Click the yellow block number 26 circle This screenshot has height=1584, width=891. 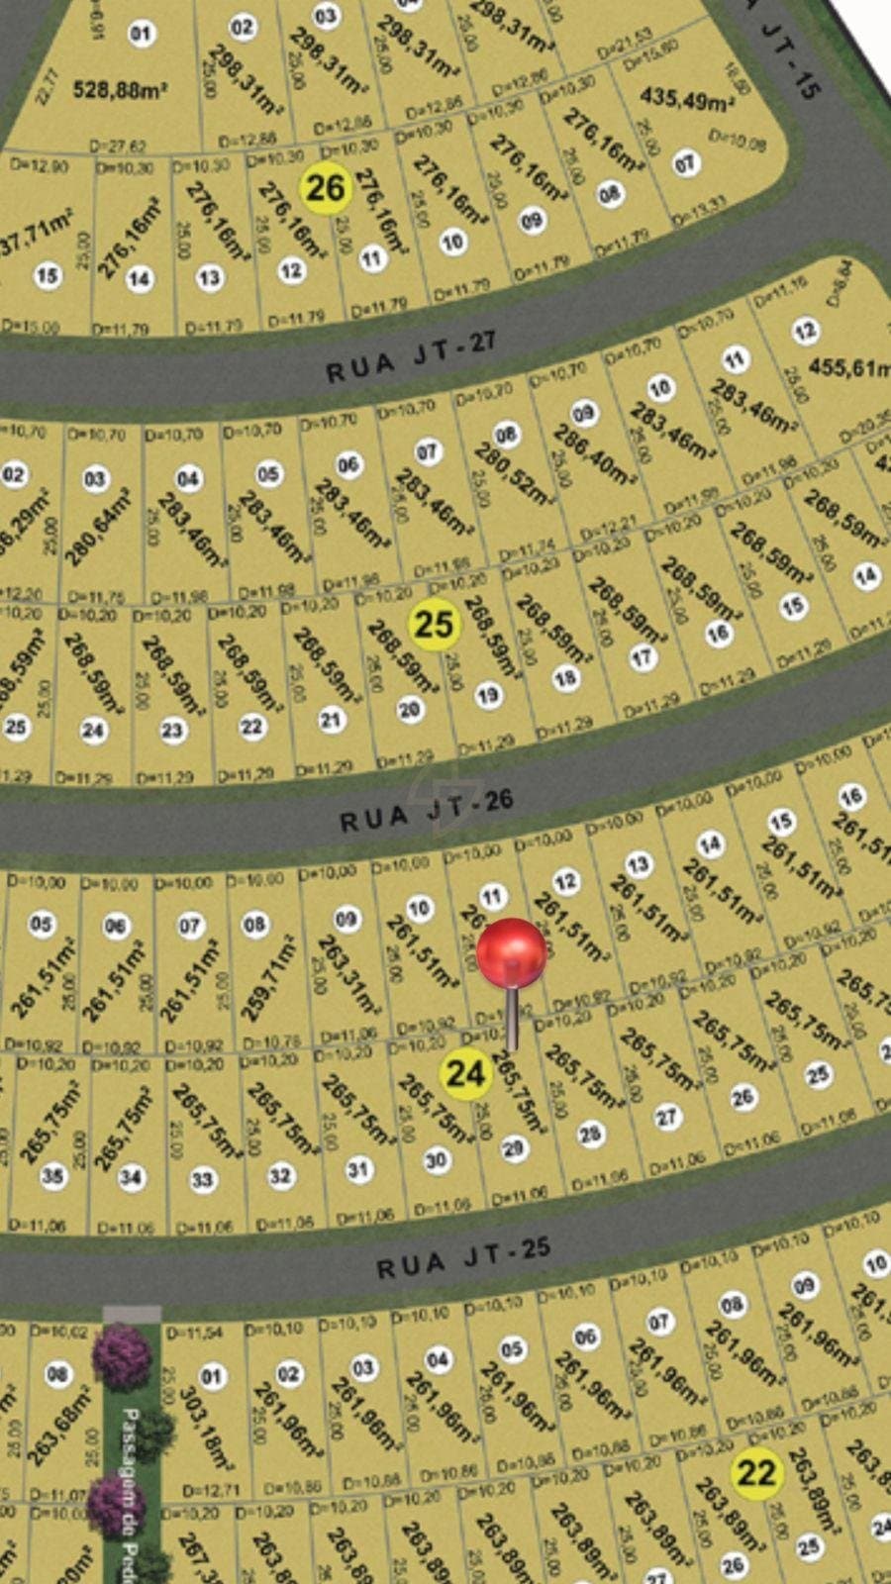(326, 186)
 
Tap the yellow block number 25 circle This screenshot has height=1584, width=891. (434, 624)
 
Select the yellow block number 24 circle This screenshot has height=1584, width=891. (465, 1073)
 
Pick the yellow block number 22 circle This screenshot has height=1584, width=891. (756, 1472)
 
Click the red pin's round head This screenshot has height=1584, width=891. (512, 953)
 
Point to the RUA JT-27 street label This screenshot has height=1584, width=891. (410, 358)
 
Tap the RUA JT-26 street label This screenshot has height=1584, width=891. (427, 811)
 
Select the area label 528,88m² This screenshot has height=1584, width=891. (120, 90)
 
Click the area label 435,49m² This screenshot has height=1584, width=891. (686, 98)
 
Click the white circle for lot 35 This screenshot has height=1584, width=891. (52, 1176)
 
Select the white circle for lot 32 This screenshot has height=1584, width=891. (281, 1175)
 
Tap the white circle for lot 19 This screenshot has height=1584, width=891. (487, 695)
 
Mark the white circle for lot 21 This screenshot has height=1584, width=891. (331, 720)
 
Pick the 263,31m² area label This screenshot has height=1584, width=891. (346, 974)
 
